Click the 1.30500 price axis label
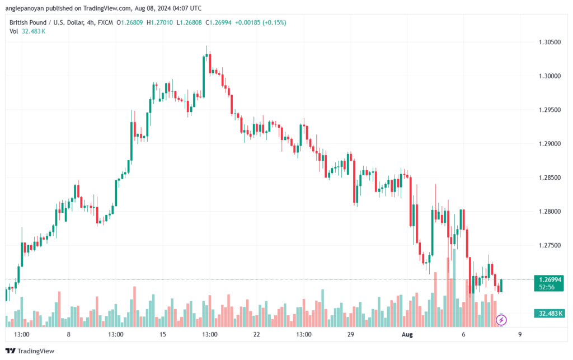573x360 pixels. point(549,42)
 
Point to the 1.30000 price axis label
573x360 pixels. point(549,76)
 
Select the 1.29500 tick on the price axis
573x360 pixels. point(549,110)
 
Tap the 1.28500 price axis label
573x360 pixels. point(549,177)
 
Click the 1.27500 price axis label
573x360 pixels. point(549,245)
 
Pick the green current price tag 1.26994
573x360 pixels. point(548,283)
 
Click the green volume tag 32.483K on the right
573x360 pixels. point(548,313)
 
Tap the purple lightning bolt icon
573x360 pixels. point(501,320)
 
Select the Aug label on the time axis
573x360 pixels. point(407,334)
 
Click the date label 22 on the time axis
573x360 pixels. point(256,334)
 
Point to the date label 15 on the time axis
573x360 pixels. point(163,334)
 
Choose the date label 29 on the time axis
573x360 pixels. point(351,334)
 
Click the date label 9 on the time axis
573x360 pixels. point(520,334)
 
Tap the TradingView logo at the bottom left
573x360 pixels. point(30,351)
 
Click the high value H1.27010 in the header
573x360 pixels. point(159,22)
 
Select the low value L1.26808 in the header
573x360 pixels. point(189,22)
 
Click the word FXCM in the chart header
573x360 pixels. point(105,22)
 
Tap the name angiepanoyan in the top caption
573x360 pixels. point(25,8)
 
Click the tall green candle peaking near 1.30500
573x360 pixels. point(204,77)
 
